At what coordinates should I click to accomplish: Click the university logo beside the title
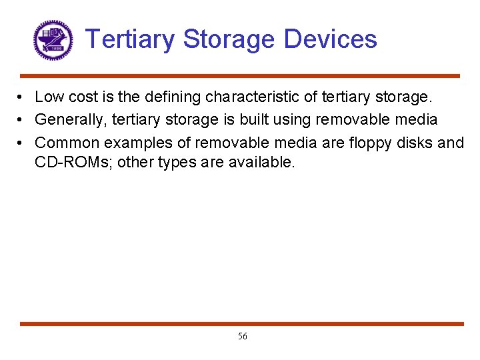point(53,40)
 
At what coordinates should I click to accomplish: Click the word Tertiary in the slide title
point(131,39)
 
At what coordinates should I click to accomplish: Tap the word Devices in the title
point(330,39)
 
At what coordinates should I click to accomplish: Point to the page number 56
point(242,337)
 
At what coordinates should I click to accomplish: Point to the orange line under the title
point(240,76)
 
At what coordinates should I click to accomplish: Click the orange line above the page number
point(240,324)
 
